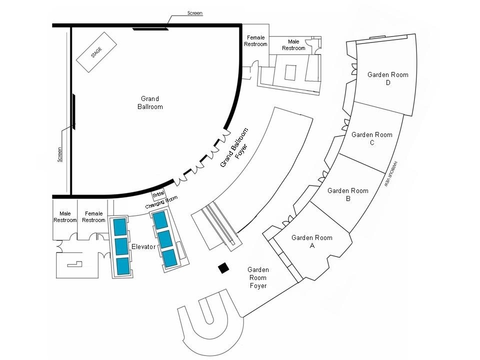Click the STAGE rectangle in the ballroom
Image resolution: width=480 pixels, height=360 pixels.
point(96,52)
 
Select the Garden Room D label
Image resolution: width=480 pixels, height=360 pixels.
point(387,79)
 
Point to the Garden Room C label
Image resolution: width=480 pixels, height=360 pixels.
point(371,138)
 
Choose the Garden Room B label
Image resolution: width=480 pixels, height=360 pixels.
point(347,194)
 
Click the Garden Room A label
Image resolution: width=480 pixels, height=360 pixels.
point(312,241)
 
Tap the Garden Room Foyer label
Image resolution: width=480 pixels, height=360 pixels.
point(258,277)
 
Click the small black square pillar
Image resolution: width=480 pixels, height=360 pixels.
point(223,268)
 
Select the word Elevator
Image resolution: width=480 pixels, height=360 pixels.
point(144,247)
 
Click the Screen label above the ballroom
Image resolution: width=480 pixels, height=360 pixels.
point(194,13)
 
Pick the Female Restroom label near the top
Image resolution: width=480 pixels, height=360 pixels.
point(255,41)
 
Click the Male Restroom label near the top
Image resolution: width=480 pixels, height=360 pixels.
point(293,45)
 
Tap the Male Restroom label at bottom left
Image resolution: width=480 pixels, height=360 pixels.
point(65,217)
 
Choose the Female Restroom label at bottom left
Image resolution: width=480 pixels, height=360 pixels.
point(93,217)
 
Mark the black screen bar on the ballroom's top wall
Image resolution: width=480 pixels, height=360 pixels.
point(150,29)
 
